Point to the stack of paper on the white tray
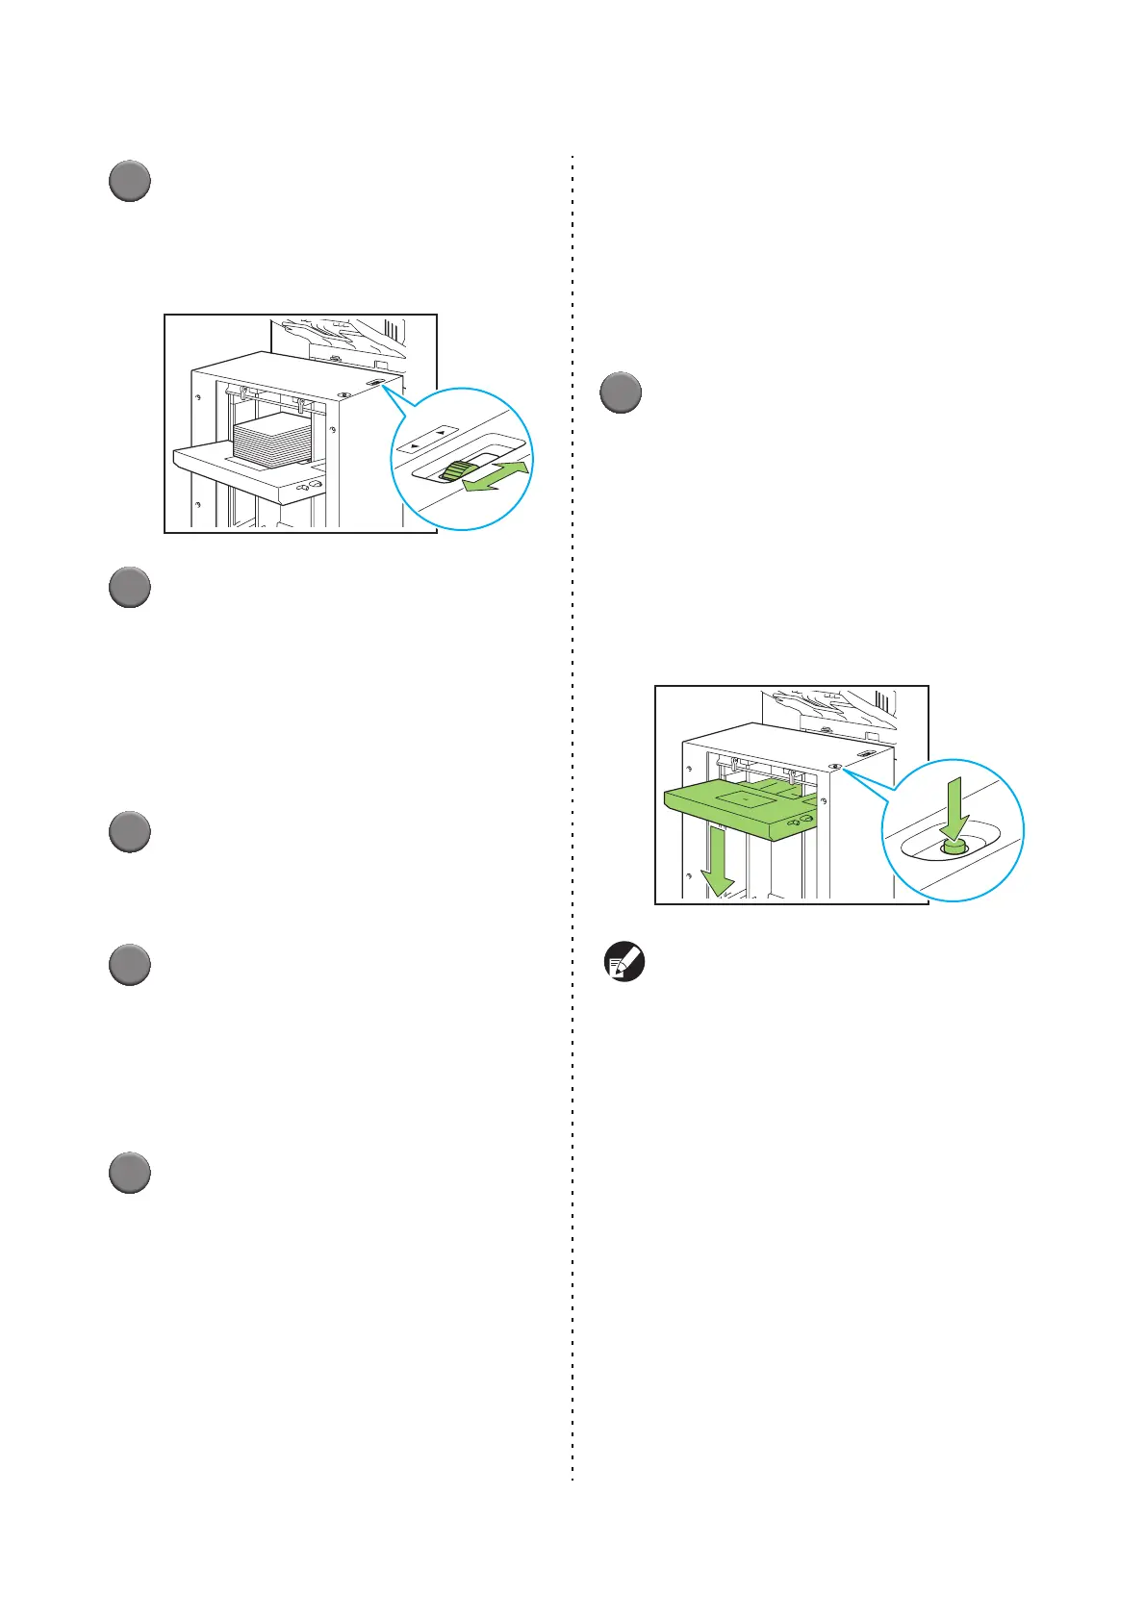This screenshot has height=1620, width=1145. coord(273,442)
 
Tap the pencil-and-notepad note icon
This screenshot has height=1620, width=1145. coord(624,962)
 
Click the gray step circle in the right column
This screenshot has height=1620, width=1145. coord(621,393)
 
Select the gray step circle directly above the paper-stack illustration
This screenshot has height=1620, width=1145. coord(129,181)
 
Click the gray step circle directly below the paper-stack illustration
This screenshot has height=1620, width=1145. coord(129,587)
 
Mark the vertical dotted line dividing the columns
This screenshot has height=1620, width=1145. coord(572,818)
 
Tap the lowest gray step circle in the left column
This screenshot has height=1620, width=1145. coord(129,1174)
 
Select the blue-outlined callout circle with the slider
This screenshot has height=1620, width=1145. coord(463,458)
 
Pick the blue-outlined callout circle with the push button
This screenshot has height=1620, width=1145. coord(953,830)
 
